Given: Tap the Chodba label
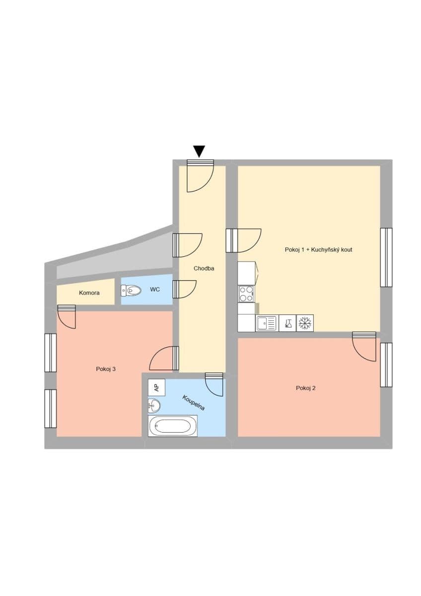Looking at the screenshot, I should click(x=204, y=268).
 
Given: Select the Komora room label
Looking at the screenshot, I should click(x=89, y=293).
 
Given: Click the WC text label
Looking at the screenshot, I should click(x=155, y=289).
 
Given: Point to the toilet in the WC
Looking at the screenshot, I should click(x=132, y=290).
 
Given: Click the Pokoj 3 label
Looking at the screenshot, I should click(x=106, y=369).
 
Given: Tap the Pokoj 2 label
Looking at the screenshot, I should click(x=306, y=388).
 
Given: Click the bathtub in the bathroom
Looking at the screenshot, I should click(x=172, y=426).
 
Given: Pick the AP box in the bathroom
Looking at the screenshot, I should click(x=156, y=387).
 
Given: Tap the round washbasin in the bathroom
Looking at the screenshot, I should click(x=154, y=406).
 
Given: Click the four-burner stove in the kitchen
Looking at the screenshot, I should click(x=246, y=294).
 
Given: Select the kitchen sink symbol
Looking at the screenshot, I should click(x=267, y=323).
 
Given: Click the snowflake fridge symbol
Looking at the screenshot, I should click(x=305, y=323).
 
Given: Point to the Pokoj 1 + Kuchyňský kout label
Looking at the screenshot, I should click(x=318, y=250).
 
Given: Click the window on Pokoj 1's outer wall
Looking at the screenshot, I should click(x=386, y=257).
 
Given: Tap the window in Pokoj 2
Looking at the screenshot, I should click(x=386, y=365).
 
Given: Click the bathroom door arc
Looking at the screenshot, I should click(x=215, y=385).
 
